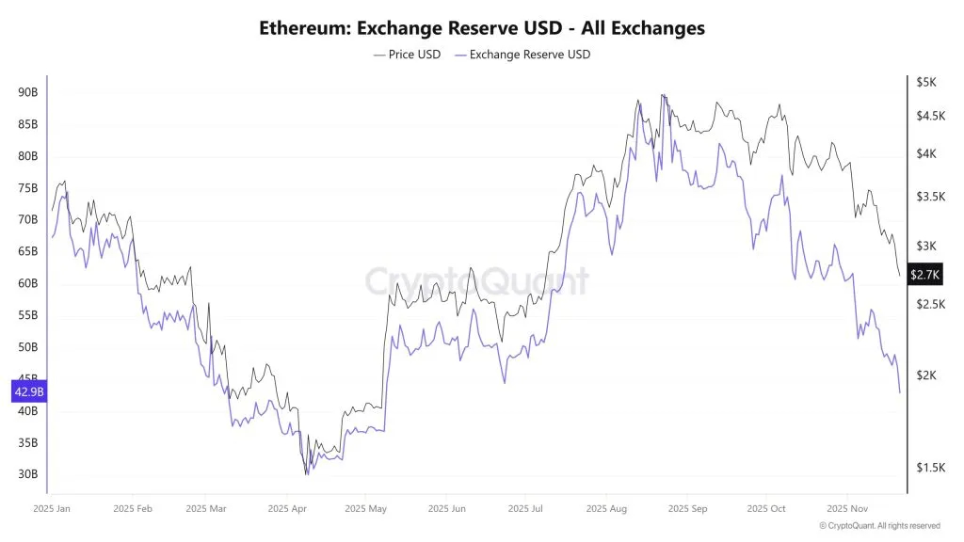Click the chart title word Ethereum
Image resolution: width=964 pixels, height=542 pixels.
coord(304,28)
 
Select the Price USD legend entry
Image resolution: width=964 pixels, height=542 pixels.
coord(407,55)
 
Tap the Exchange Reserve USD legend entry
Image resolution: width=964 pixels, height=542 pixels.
coord(522,55)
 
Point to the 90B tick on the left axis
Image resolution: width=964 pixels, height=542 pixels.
coord(28,92)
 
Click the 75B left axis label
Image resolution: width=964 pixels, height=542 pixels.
coord(28,188)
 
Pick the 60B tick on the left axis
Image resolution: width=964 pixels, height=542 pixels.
coord(28,283)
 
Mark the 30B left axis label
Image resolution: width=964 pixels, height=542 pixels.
coord(28,474)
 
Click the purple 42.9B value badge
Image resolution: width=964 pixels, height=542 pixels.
coord(29,391)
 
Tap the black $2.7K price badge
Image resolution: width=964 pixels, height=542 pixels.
coord(925,274)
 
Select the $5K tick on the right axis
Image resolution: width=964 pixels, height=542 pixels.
coord(926,83)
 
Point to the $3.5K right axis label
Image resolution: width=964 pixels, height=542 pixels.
coord(931,197)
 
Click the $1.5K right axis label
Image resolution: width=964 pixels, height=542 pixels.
coord(931,468)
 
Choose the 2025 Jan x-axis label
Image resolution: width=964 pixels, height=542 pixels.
coord(52,509)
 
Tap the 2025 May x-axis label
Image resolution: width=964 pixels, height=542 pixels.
coord(366,509)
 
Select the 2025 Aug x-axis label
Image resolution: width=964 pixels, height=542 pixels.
coord(606,509)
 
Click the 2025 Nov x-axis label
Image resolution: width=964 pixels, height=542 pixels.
coord(847,509)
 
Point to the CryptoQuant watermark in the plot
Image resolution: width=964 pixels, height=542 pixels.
coord(477,280)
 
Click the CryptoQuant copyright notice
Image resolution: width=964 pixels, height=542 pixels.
coord(880,526)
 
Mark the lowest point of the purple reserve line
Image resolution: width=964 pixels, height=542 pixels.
coord(308,474)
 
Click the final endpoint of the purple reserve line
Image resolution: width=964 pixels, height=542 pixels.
coord(899,392)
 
